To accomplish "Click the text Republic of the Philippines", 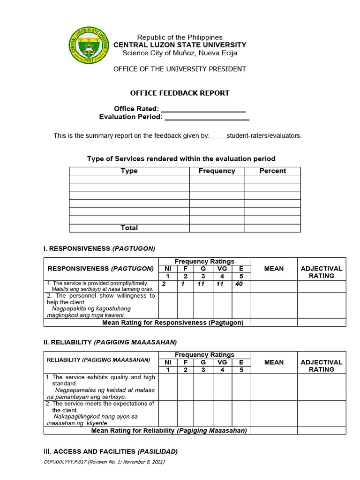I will pyautogui.click(x=180, y=37).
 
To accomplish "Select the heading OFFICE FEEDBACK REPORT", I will pyautogui.click(x=180, y=93).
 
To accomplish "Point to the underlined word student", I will pyautogui.click(x=237, y=136).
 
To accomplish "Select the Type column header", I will pyautogui.click(x=129, y=171).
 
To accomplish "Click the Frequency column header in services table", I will pyautogui.click(x=217, y=171).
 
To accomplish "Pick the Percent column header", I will pyautogui.click(x=272, y=171).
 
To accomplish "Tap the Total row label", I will pyautogui.click(x=129, y=228).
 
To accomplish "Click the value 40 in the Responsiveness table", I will pyautogui.click(x=239, y=284).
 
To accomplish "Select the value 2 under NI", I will pyautogui.click(x=164, y=284).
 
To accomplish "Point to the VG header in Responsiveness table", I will pyautogui.click(x=222, y=269).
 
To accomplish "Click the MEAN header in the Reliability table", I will pyautogui.click(x=274, y=362).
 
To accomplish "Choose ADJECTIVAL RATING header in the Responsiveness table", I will pyautogui.click(x=322, y=272).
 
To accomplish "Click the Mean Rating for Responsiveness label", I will pyautogui.click(x=173, y=322).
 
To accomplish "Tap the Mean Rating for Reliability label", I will pyautogui.click(x=169, y=430).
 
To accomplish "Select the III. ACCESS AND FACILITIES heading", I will pyautogui.click(x=111, y=451).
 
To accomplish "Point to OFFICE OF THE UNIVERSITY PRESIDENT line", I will pyautogui.click(x=180, y=69).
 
